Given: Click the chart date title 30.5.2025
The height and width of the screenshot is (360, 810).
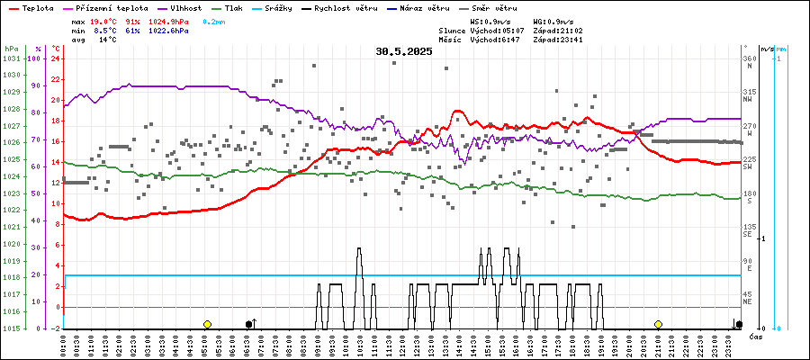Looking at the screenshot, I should coord(404,51).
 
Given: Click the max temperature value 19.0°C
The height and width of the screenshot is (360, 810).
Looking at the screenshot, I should coord(105,20).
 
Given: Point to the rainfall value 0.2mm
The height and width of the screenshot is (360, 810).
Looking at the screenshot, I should coord(214,20).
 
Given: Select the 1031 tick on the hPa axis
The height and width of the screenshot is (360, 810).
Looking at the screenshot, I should coord(12,58).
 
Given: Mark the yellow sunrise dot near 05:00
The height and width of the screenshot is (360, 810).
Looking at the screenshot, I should coord(207,324).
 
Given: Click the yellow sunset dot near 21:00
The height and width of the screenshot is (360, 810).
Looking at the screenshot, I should coord(658,324).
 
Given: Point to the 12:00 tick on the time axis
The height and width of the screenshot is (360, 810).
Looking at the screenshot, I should coord(402,346).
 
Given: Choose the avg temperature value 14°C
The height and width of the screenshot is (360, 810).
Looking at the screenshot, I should coord(107,40).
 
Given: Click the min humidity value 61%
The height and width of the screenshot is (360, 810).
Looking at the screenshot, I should coord(132,30).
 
